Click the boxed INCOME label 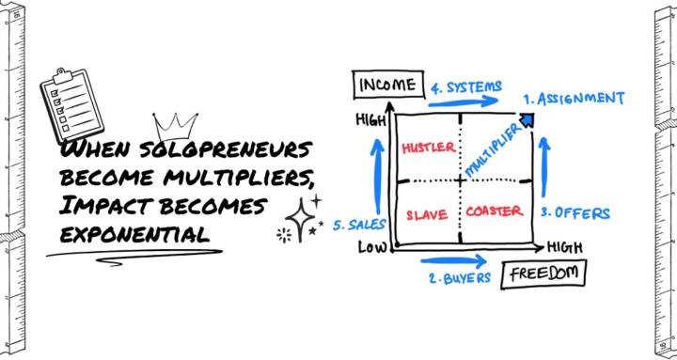386,86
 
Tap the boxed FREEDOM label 544,274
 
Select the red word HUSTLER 428,148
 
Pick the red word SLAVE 426,213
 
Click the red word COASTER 495,211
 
